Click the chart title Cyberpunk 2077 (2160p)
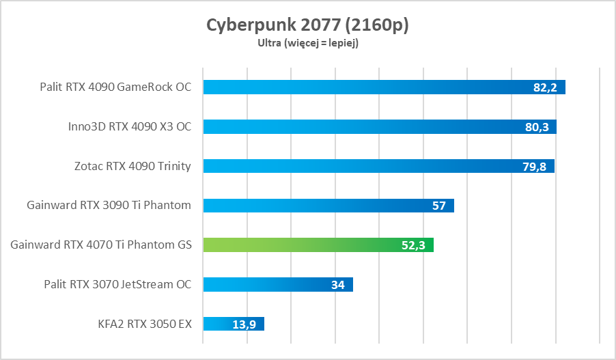coord(308,25)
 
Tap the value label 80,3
coord(537,127)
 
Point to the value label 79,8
coord(535,166)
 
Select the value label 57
coord(440,206)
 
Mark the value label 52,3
coord(412,245)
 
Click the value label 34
coord(338,285)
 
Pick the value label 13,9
coord(244,324)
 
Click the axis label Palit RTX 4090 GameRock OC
coord(115,87)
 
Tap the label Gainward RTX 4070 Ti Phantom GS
coord(101,245)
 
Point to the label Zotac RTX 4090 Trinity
coord(132,166)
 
